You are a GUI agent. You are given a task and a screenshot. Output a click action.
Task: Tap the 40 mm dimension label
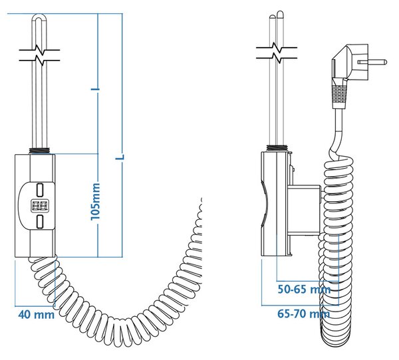tap(36, 315)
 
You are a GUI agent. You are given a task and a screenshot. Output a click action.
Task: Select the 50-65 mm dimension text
tap(304, 290)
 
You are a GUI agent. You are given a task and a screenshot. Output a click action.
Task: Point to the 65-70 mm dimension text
tap(303, 314)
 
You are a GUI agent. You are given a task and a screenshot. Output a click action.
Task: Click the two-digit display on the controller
tap(40, 206)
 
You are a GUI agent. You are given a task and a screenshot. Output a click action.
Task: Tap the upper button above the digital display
tap(40, 190)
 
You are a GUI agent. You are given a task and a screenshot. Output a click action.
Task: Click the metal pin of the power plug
tap(372, 62)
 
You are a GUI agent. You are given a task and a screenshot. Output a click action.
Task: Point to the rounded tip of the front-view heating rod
tap(39, 17)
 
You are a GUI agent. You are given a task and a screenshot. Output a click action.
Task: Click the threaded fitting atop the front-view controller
tap(39, 151)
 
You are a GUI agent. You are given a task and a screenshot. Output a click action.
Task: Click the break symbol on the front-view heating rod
tap(39, 55)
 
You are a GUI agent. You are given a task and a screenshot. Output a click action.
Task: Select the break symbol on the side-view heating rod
tap(277, 53)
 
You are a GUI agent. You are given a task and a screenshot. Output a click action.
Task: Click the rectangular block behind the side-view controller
tap(304, 210)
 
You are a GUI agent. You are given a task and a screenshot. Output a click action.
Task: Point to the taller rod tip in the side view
tap(280, 14)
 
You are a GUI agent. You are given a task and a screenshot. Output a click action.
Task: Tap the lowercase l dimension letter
tap(95, 89)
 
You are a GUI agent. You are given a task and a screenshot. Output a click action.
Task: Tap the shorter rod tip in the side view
tap(272, 17)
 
